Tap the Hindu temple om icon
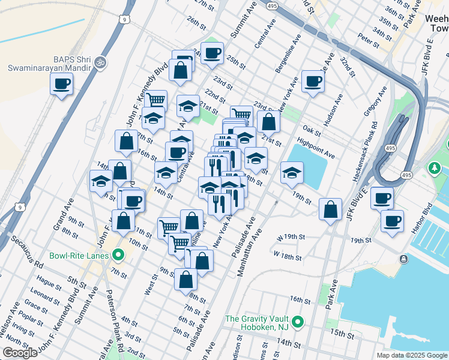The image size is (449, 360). point(101,62)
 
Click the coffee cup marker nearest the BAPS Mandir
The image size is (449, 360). point(61,84)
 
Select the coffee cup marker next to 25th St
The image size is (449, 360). point(211,53)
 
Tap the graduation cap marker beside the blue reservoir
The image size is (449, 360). point(292,173)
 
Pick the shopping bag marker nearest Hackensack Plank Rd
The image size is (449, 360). point(330,209)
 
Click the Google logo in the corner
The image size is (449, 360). point(20,353)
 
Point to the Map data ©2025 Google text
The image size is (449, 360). point(412,355)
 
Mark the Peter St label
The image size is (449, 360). point(365,37)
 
